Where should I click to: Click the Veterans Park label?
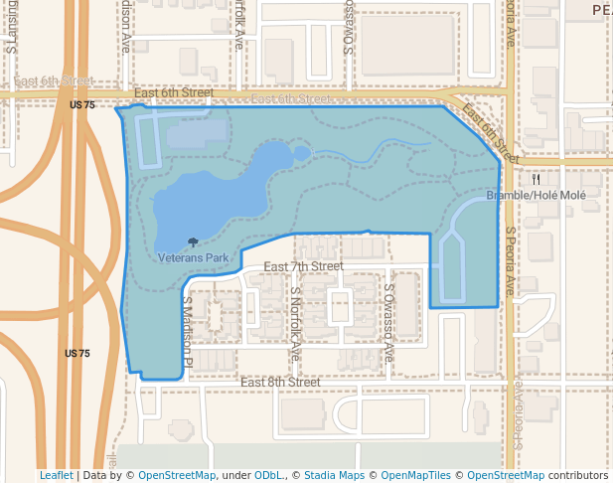tap(194, 257)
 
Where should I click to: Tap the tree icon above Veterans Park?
tap(192, 241)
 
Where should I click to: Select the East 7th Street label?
tap(303, 266)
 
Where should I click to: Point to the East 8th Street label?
tap(280, 382)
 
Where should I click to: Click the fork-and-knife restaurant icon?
tap(536, 180)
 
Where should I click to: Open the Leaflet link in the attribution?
tap(56, 476)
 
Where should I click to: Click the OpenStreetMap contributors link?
tap(506, 476)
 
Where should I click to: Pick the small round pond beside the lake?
tap(301, 153)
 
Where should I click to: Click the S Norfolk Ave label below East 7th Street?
tap(296, 322)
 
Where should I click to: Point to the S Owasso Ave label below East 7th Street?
tap(389, 322)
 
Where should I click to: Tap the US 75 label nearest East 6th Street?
tap(82, 104)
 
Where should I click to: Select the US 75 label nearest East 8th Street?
tap(77, 354)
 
